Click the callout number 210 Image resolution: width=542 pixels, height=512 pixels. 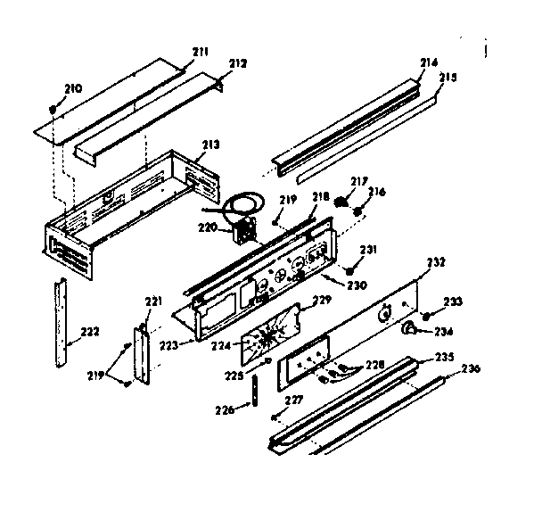click(x=72, y=88)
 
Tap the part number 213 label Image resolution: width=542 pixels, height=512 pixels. click(x=210, y=144)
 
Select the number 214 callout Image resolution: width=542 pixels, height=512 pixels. click(x=429, y=62)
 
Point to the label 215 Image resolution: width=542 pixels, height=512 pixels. click(x=448, y=78)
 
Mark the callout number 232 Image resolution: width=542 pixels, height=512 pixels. click(x=436, y=262)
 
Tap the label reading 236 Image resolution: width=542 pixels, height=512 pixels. click(x=470, y=369)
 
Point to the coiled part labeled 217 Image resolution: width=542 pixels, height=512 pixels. click(x=340, y=202)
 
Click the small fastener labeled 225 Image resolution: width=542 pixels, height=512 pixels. click(x=267, y=360)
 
